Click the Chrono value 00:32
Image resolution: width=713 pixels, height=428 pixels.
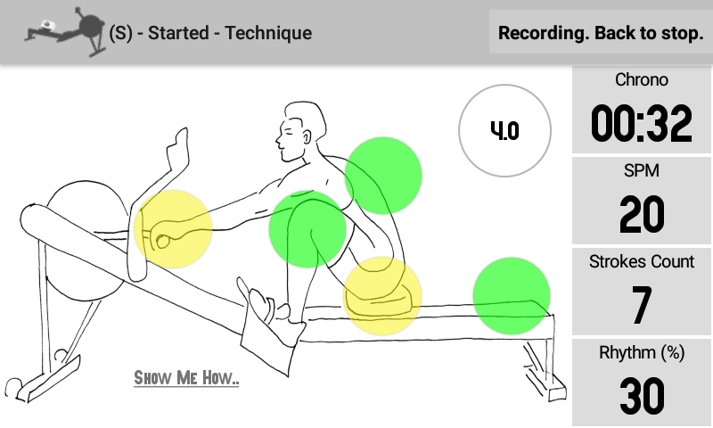click(x=642, y=124)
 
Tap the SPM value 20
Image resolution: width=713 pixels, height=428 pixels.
click(x=642, y=215)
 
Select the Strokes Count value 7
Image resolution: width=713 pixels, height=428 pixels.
click(x=642, y=305)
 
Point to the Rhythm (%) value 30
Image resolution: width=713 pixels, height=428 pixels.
click(x=642, y=396)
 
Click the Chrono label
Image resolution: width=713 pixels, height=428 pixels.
click(x=642, y=80)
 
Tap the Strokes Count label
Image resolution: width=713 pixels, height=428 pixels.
click(x=642, y=262)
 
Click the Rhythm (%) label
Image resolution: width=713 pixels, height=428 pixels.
click(x=642, y=353)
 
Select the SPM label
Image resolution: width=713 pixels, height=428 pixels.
click(x=642, y=170)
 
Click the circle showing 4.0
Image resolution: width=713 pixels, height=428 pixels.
click(x=504, y=131)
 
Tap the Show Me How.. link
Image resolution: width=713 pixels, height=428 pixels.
click(x=186, y=378)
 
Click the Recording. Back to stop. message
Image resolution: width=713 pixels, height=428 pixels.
click(x=601, y=33)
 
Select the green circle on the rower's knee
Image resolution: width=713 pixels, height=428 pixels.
click(x=307, y=229)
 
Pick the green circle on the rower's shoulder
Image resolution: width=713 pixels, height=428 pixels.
click(x=382, y=175)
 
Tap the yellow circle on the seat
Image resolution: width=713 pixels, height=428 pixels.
click(x=382, y=296)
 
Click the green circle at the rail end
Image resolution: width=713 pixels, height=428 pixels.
click(x=511, y=296)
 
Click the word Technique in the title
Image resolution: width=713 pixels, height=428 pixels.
click(x=268, y=34)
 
